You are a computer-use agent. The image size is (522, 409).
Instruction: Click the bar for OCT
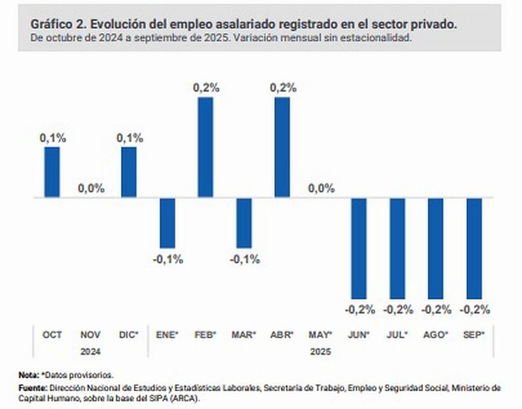tap(52, 172)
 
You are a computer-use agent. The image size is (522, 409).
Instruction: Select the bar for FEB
tap(205, 147)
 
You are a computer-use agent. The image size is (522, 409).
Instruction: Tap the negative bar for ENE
tap(167, 223)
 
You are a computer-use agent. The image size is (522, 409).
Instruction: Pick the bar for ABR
tap(282, 147)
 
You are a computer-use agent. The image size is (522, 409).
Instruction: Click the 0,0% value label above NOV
tap(91, 189)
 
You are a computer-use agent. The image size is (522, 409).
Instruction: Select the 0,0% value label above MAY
tap(321, 189)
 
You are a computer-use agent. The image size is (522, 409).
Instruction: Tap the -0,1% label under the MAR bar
tap(244, 259)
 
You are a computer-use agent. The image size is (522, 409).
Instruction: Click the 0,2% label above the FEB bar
tap(205, 88)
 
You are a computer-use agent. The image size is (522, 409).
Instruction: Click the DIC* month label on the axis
tap(128, 335)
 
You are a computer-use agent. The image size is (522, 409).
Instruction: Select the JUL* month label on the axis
tap(398, 335)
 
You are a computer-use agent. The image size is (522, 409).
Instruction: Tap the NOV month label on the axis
tap(91, 335)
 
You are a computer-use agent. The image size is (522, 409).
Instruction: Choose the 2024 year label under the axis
tap(91, 349)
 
